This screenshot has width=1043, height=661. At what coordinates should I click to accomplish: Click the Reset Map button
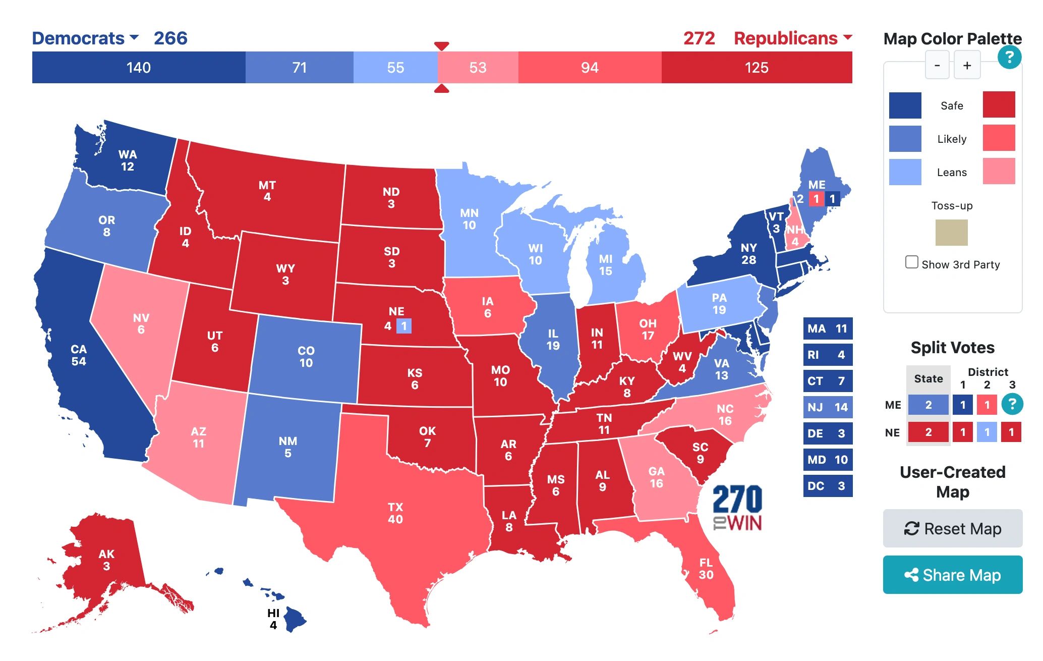point(952,528)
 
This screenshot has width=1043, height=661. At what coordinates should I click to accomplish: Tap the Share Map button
point(952,575)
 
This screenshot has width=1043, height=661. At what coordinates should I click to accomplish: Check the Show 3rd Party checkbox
point(911,262)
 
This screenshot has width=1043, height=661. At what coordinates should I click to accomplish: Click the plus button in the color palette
point(966,66)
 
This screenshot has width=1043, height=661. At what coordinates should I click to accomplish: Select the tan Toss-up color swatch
point(951,233)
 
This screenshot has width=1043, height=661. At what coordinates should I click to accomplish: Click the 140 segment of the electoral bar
point(139,68)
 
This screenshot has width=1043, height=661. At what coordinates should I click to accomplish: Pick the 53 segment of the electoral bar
point(478,68)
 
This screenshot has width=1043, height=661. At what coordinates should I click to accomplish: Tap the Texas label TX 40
point(395,513)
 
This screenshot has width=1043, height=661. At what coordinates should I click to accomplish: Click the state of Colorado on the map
point(306,357)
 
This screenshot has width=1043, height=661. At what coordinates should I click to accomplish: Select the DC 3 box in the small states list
point(828,486)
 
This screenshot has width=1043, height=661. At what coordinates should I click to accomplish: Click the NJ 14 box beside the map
point(828,407)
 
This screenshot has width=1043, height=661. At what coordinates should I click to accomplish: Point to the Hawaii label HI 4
point(273,619)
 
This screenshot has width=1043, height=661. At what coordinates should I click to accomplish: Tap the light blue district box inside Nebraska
point(404,326)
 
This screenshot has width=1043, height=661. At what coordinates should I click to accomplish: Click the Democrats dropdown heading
point(85,38)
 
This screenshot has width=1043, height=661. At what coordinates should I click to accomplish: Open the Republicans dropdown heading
point(792,38)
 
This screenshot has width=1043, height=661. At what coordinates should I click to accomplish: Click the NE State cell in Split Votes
point(928,432)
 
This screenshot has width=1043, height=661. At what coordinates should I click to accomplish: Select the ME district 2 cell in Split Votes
point(987,405)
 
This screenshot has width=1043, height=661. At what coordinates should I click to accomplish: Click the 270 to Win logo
point(737,508)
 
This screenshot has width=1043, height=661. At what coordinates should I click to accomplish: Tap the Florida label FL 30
point(706,569)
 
